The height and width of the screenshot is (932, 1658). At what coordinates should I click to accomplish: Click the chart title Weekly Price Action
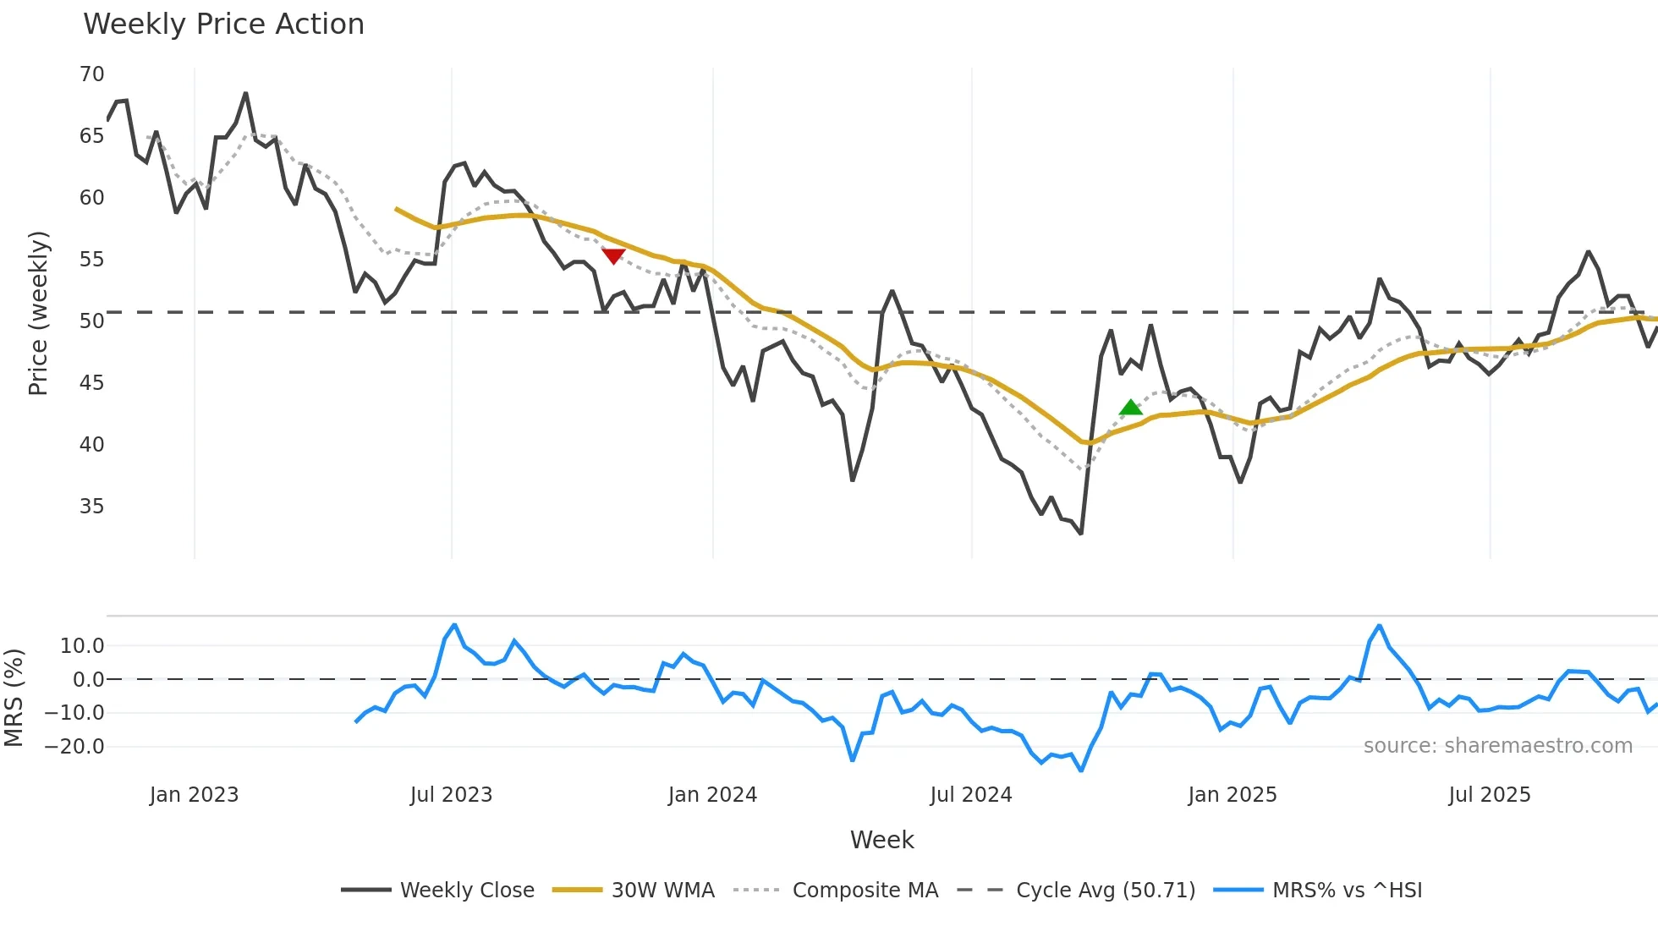click(x=223, y=25)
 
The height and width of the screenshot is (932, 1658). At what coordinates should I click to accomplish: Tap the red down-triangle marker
click(x=613, y=255)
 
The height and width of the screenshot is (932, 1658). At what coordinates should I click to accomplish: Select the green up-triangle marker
click(x=1131, y=408)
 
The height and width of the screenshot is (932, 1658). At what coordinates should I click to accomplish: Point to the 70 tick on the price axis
click(x=91, y=74)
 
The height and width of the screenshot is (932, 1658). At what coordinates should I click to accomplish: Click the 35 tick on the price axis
click(x=91, y=507)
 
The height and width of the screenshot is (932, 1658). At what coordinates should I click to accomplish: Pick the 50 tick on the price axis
click(x=91, y=321)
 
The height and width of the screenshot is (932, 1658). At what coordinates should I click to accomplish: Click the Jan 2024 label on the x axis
click(x=712, y=795)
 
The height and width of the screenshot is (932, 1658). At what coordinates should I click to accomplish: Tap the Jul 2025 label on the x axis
click(x=1490, y=795)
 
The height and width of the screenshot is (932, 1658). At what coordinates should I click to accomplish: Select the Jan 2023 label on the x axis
click(x=194, y=795)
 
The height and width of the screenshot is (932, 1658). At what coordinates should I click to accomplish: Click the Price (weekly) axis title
click(x=38, y=313)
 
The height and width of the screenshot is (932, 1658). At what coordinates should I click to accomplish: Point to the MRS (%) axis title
click(x=14, y=698)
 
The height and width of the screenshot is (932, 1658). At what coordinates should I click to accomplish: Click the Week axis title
click(x=881, y=840)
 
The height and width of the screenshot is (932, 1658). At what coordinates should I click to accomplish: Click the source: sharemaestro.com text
click(x=1497, y=746)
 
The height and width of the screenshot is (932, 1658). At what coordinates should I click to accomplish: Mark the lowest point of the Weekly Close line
click(x=1081, y=534)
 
